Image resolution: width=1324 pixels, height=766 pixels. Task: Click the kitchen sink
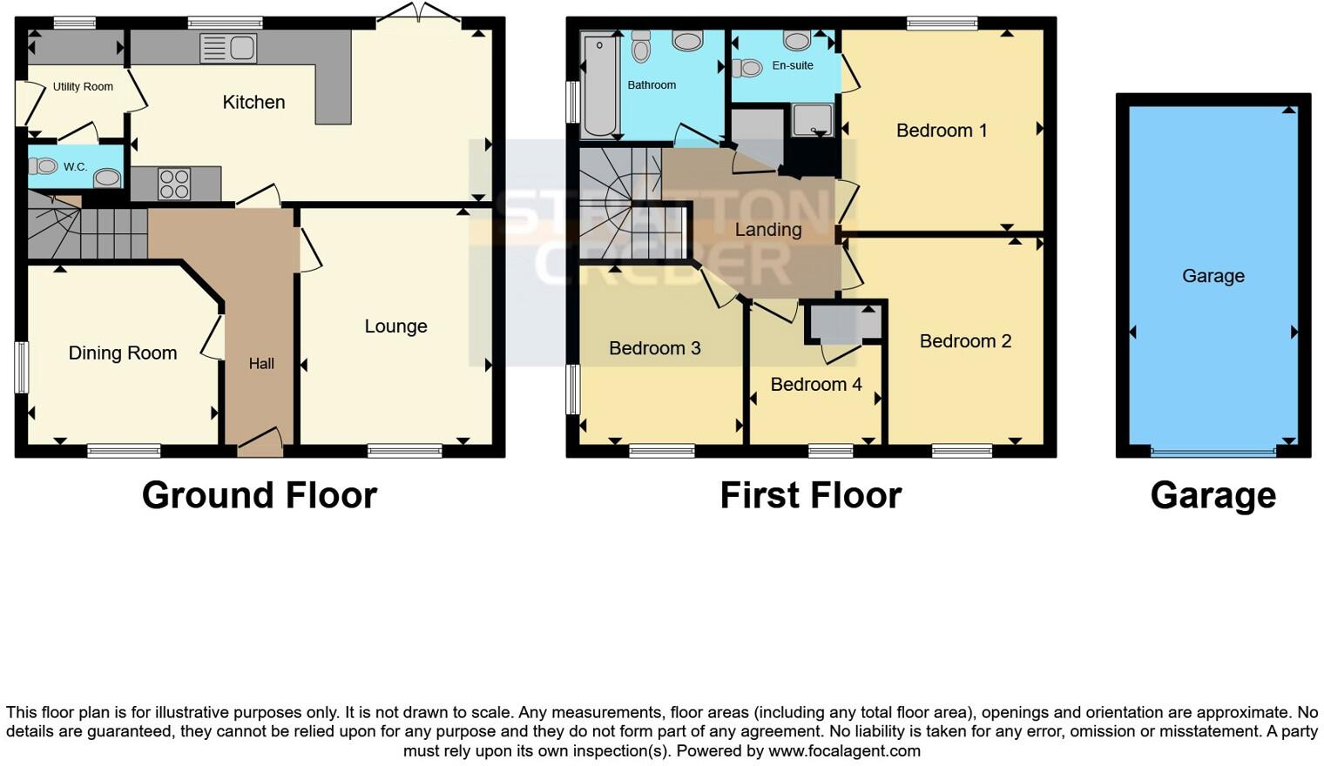[x=228, y=49]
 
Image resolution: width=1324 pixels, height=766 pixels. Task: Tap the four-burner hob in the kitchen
[x=174, y=185]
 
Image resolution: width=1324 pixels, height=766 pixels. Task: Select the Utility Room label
[x=83, y=87]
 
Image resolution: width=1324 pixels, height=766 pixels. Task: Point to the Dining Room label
[x=123, y=353]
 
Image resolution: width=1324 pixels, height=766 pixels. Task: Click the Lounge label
[x=395, y=326]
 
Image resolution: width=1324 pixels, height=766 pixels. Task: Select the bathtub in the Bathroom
[x=599, y=85]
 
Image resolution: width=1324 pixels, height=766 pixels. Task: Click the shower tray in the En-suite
[x=812, y=120]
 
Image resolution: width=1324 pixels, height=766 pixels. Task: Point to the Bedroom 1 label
[x=942, y=131]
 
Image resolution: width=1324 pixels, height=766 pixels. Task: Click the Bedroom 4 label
[x=816, y=385]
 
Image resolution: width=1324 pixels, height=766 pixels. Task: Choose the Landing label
[x=767, y=230]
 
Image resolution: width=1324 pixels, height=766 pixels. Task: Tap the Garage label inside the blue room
[x=1213, y=276]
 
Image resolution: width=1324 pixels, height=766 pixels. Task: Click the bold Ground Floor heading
[x=260, y=495]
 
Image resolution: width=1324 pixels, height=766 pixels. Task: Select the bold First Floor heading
[x=810, y=495]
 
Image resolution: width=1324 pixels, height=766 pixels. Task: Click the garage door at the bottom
[x=1213, y=452]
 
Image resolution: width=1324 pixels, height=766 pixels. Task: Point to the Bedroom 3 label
[x=654, y=348]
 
